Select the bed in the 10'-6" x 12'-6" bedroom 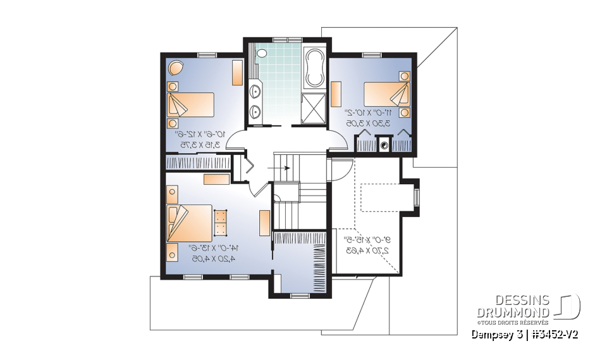(x=190, y=104)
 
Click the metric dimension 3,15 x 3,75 (x=200, y=144)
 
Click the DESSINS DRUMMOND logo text (x=513, y=306)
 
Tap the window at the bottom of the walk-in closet (x=299, y=295)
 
